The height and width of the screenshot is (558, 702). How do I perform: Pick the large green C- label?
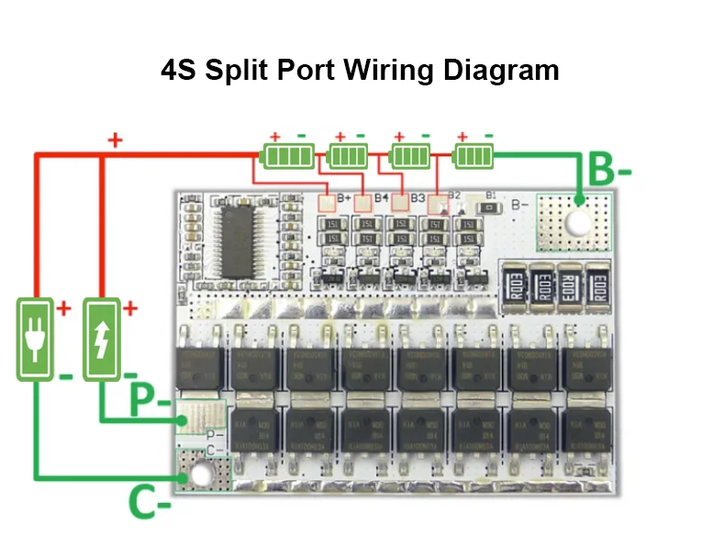[150, 503]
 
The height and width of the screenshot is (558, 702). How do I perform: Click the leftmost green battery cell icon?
[287, 155]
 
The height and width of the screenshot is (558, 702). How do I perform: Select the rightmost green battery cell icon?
[474, 155]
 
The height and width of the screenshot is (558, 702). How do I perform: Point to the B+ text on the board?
[345, 197]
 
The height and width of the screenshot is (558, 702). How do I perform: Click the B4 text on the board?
[381, 197]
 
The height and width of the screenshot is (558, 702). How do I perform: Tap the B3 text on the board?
[418, 197]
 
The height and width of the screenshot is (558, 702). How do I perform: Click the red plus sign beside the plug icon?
[63, 308]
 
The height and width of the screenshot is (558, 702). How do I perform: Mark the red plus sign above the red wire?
[116, 140]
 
